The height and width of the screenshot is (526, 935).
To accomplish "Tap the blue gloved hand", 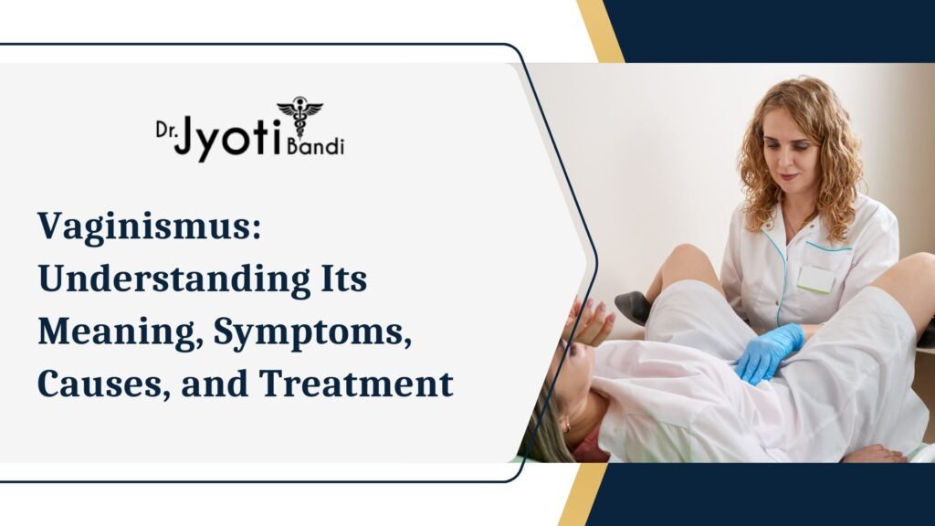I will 767,352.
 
